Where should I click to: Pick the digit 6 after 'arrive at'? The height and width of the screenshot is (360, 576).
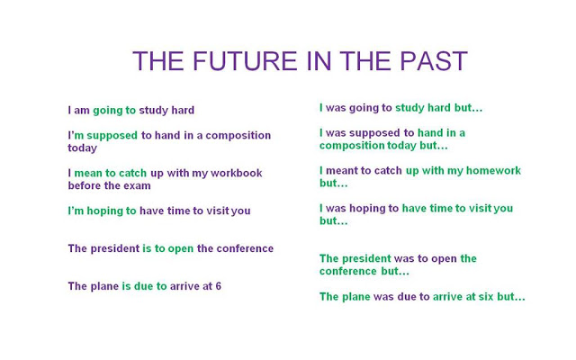218,286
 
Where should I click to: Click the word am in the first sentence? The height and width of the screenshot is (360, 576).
82,111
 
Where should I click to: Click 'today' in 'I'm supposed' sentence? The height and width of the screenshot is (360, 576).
83,148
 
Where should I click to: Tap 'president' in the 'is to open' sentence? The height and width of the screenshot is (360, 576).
115,248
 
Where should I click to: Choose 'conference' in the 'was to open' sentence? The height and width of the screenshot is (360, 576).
348,271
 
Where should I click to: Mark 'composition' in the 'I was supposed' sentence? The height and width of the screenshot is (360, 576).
352,145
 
